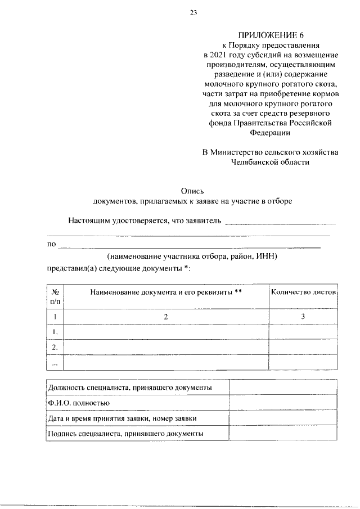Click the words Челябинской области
pos(270,162)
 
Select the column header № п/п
pos(55,297)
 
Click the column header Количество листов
pos(303,292)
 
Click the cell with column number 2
pos(166,317)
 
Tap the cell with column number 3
pos(303,317)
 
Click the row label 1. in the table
pos(55,332)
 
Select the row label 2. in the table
pos(55,347)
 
